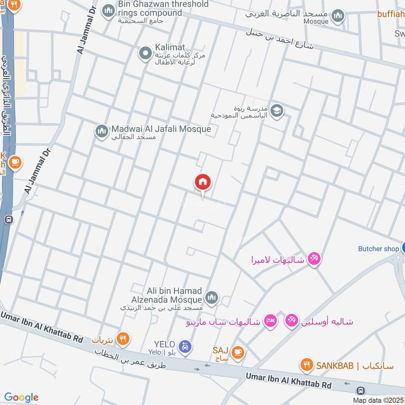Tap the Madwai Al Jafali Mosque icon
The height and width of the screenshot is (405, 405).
click(x=101, y=131)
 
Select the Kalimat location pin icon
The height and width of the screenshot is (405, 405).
click(x=145, y=53)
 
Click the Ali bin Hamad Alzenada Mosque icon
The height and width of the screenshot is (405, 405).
click(x=212, y=297)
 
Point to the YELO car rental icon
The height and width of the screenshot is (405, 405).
click(x=186, y=347)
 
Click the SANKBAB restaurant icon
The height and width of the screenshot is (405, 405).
click(x=306, y=364)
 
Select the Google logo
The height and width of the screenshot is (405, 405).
click(x=21, y=397)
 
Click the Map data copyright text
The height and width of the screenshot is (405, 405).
click(x=379, y=400)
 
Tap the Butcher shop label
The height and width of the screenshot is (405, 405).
click(x=378, y=249)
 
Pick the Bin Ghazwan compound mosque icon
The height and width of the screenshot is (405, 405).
click(x=108, y=11)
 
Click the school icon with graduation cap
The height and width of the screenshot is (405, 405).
click(x=276, y=110)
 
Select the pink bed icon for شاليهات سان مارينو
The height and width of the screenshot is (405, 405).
click(x=271, y=321)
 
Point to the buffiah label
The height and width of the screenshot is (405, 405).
click(x=391, y=14)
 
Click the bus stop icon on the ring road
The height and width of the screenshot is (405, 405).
click(x=8, y=220)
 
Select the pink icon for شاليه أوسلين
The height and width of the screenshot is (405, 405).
click(x=291, y=321)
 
